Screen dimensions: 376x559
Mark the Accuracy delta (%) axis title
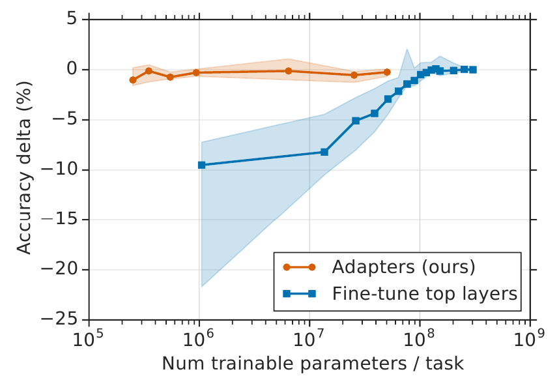pos(24,169)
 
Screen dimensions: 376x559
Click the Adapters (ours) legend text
pos(403,267)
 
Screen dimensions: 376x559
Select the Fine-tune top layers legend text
pos(424,294)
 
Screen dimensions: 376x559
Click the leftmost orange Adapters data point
pos(133,80)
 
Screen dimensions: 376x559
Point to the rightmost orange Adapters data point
pos(387,72)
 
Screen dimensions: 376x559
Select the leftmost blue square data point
pos(201,165)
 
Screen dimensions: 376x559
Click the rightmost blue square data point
pos(473,69)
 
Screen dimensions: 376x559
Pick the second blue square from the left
pos(324,152)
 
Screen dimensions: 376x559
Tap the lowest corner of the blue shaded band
pos(201,287)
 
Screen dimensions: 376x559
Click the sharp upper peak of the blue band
pos(407,48)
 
